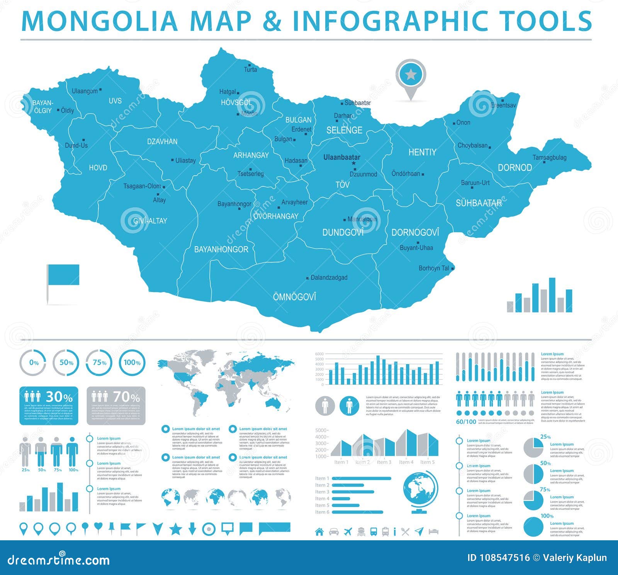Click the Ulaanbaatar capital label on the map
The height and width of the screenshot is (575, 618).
point(341,157)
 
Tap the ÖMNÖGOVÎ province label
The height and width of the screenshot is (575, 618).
point(294,297)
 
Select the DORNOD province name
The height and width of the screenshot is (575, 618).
point(514,167)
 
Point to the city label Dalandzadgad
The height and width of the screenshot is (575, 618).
point(329,277)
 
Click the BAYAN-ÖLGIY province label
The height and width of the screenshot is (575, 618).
point(42,107)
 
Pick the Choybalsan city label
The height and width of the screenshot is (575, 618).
point(472,145)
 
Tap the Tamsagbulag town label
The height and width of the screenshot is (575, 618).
point(549,157)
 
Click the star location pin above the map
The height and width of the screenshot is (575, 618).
point(411,75)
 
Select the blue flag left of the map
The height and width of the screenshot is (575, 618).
point(63,275)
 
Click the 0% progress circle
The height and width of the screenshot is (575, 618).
point(33,363)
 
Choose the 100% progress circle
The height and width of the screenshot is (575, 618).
point(132,363)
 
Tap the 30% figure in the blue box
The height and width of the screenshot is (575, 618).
point(59,397)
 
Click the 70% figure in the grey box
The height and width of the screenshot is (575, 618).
point(126,397)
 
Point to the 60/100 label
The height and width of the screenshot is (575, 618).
point(466,422)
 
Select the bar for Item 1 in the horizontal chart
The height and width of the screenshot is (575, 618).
point(361,479)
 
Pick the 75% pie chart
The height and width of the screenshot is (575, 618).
point(533,501)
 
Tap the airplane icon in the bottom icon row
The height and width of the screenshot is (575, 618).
point(348,531)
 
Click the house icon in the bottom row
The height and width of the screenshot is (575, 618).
point(319,531)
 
